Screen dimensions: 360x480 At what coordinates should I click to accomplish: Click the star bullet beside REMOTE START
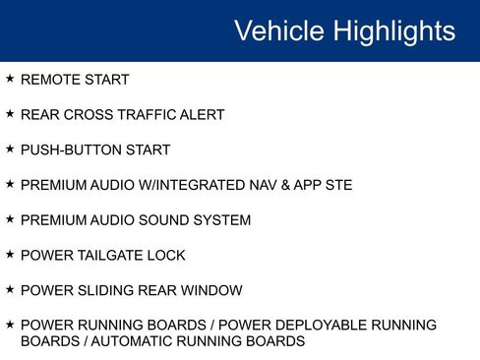pyautogui.click(x=10, y=79)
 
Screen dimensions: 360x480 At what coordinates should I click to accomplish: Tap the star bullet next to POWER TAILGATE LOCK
pyautogui.click(x=10, y=255)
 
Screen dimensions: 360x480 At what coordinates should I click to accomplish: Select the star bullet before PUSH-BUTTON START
pyautogui.click(x=10, y=150)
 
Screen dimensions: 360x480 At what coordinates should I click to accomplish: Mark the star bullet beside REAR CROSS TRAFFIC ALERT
pyautogui.click(x=10, y=114)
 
